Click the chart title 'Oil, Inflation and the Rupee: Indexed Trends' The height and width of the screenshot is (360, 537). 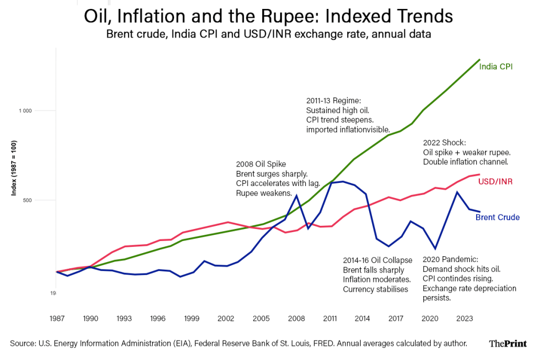pos(268,16)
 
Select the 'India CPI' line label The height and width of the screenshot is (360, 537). pos(496,67)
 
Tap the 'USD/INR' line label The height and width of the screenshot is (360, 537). pos(495,182)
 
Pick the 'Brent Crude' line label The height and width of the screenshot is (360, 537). pos(497,217)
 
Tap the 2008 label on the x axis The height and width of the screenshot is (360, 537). pos(297,318)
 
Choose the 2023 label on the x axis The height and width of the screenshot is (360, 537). pos(463,318)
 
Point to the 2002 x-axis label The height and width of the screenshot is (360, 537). pos(226,318)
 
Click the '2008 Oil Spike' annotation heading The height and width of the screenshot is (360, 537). pos(261,164)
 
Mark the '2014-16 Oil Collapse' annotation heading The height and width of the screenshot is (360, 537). pos(378,260)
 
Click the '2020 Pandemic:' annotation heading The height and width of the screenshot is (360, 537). pos(450,259)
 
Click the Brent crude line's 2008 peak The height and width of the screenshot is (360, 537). pos(297,195)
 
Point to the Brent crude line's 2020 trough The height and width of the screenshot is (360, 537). pos(435,249)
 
